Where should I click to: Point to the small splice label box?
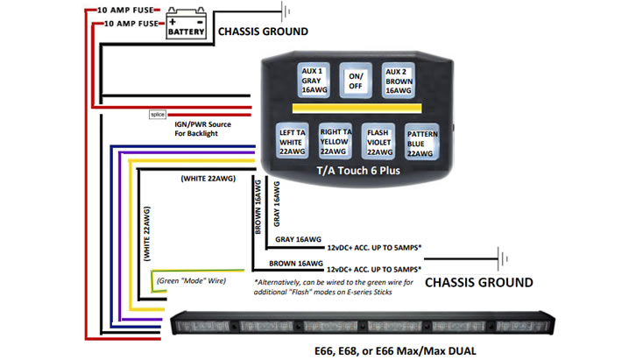coord(158,114)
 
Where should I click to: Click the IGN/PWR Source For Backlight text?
coord(203,129)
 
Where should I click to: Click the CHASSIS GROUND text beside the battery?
coord(262,32)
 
